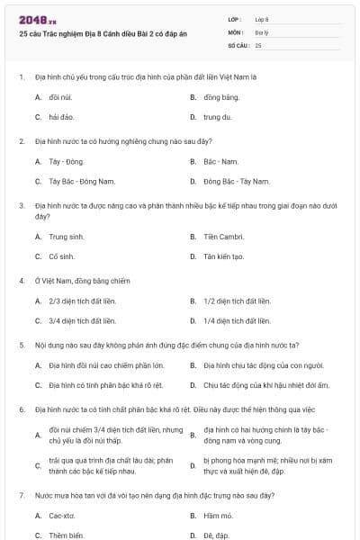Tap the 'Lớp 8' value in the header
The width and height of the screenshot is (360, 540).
tap(262, 19)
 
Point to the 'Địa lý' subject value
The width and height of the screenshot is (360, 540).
tap(261, 31)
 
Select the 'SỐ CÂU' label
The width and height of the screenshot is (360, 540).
tap(238, 44)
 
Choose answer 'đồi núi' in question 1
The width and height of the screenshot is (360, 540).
tap(60, 96)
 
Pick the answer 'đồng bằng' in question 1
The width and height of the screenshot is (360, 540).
tap(220, 96)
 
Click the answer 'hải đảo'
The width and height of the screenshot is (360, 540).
tap(60, 118)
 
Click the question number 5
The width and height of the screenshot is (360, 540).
tap(21, 345)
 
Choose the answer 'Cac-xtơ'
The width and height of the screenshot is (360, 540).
tap(62, 516)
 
